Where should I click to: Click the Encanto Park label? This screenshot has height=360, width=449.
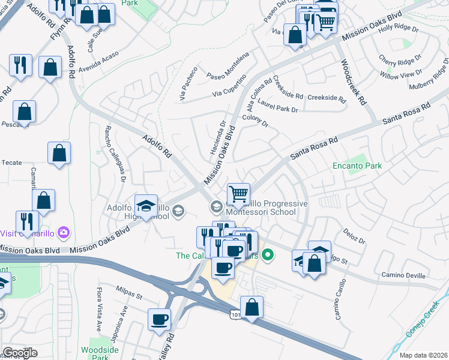pyautogui.click(x=357, y=166)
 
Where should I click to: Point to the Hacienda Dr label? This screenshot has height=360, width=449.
pyautogui.click(x=217, y=137)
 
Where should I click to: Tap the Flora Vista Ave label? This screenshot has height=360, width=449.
pyautogui.click(x=100, y=310)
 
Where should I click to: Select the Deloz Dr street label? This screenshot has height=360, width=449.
pyautogui.click(x=354, y=232)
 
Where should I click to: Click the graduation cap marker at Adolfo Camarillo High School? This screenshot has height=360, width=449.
pyautogui.click(x=146, y=205)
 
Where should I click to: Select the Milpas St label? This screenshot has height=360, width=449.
pyautogui.click(x=129, y=296)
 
